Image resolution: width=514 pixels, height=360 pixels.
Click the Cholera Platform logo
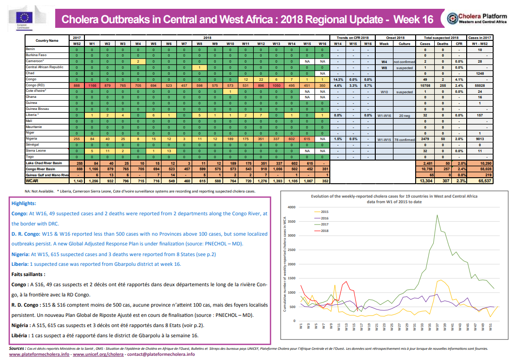[478, 19]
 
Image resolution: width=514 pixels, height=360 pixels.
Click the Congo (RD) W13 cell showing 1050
[276, 85]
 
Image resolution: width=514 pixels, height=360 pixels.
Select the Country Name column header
[47, 40]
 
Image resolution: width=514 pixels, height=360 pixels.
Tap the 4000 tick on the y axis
[291, 207]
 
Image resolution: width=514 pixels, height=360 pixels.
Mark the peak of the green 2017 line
[437, 215]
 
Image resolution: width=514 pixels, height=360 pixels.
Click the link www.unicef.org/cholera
[98, 354]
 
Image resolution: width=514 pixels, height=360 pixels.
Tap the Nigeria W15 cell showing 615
[307, 139]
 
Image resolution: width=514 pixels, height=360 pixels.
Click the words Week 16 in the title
[413, 19]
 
